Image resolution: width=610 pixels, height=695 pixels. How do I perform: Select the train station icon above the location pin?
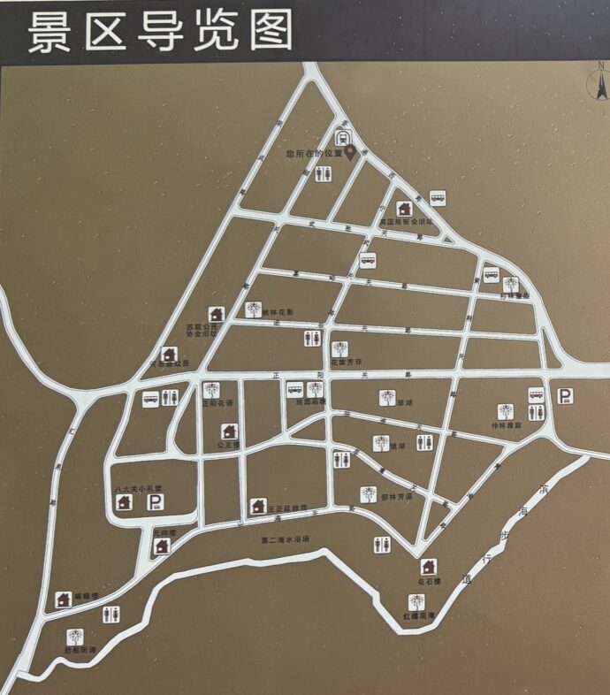coord(344,137)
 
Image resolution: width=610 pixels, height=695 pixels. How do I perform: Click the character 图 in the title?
coord(271,32)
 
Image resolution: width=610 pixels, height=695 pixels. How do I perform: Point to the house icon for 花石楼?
coord(429,567)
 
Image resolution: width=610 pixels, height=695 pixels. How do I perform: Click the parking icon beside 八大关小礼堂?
coord(156,502)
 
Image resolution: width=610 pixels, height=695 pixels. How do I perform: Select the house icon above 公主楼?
coord(229,432)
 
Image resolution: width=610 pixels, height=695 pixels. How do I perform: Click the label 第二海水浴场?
coord(286,539)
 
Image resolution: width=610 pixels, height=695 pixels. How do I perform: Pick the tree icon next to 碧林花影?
coord(254,309)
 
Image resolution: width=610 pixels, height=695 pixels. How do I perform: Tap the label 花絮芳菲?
coord(340,362)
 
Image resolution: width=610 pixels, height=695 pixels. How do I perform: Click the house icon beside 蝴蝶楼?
coord(64,600)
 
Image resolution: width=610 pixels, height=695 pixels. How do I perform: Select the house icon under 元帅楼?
coord(162,546)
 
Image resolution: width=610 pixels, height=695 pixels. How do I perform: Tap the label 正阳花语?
coord(217,403)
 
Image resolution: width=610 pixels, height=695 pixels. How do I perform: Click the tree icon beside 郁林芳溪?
coord(368,494)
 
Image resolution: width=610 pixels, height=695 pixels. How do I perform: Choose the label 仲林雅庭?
coord(506,425)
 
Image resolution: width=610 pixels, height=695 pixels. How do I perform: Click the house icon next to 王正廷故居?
coord(258,506)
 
